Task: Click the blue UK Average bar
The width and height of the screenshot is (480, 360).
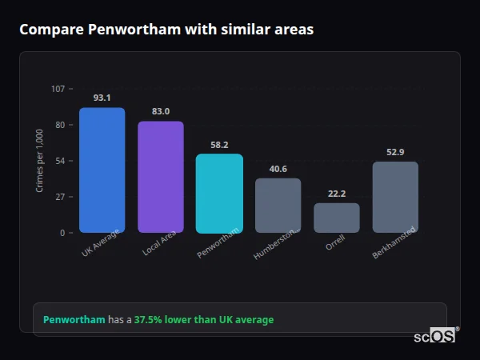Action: tap(102, 170)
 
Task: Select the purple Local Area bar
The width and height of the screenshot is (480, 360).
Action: tap(160, 177)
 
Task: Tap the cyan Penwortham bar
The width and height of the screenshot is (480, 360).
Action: tap(219, 193)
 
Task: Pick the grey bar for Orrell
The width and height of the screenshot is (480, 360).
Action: tap(337, 218)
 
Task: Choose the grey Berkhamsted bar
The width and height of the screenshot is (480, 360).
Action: tap(395, 197)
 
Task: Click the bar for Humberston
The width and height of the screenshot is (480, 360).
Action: tap(278, 205)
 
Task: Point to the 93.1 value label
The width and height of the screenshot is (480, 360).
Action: tap(102, 98)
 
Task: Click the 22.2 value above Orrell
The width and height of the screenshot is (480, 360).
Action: tap(337, 194)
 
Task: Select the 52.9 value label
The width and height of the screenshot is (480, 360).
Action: tap(395, 152)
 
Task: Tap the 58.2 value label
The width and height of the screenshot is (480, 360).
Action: tap(219, 145)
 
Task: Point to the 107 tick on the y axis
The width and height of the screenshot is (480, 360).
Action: tap(58, 89)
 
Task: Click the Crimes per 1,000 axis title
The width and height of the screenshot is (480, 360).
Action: tap(40, 160)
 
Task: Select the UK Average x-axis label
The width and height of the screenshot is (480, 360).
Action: tap(100, 245)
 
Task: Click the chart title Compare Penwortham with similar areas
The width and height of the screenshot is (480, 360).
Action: tap(166, 30)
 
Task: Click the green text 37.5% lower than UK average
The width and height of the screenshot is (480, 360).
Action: tap(203, 320)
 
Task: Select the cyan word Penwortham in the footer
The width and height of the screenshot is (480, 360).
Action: tap(74, 320)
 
